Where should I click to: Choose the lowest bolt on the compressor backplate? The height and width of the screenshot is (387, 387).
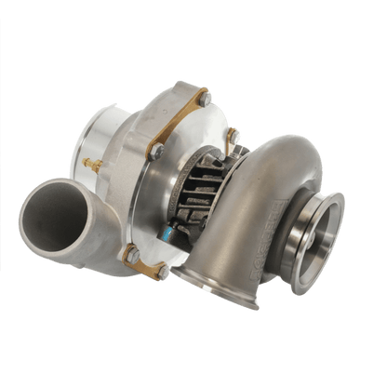[161, 270]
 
